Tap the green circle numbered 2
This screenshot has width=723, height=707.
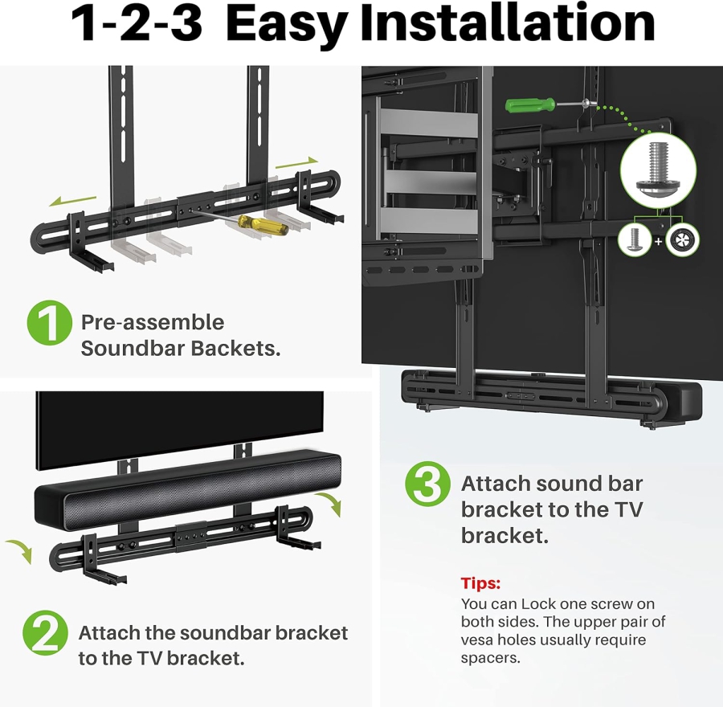tap(46, 632)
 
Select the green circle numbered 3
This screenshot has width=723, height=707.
tap(427, 484)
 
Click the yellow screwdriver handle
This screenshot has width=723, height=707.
tap(269, 224)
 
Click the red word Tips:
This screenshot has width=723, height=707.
tap(480, 582)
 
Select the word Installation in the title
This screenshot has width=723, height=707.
tap(511, 24)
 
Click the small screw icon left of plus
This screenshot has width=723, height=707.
tap(634, 239)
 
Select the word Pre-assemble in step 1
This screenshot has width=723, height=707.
tap(153, 322)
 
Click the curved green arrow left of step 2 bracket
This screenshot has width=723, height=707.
tap(21, 552)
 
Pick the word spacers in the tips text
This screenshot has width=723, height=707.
tap(490, 658)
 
